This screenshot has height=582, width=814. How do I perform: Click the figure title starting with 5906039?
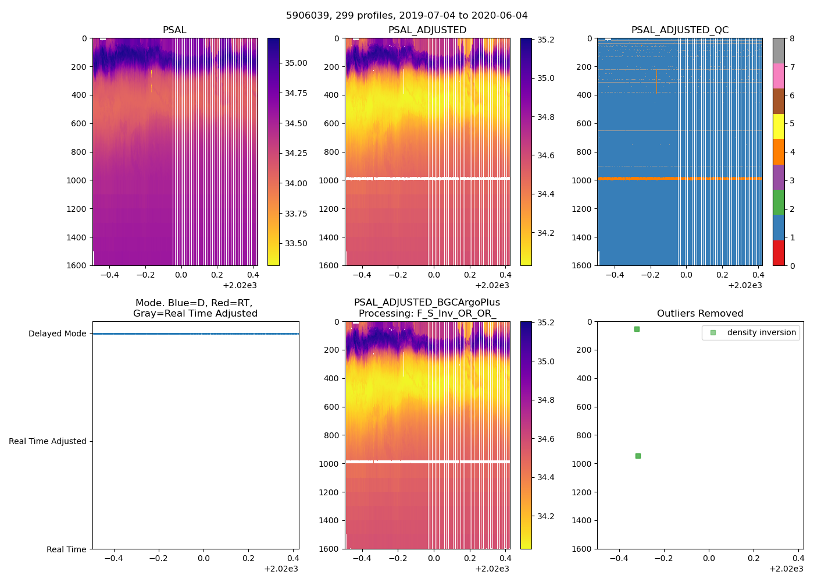click(406, 16)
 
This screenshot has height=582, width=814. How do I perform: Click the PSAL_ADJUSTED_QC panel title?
click(680, 30)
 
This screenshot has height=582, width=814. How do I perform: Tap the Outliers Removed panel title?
click(700, 314)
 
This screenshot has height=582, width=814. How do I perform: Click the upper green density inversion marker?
click(637, 329)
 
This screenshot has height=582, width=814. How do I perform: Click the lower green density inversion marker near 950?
click(638, 456)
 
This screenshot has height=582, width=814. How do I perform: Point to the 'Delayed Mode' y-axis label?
click(57, 333)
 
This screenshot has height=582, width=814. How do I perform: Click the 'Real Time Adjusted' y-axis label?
click(47, 441)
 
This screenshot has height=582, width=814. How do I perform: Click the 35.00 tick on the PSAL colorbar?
click(296, 63)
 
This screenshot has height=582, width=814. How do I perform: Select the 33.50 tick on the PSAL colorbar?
click(296, 243)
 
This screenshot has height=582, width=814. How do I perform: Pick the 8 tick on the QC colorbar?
click(792, 38)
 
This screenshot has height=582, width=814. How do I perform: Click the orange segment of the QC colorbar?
click(779, 152)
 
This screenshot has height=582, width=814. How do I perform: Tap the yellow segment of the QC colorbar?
click(779, 126)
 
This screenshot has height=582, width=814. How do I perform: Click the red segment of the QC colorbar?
click(779, 253)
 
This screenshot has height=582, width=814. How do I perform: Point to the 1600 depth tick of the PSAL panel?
click(77, 265)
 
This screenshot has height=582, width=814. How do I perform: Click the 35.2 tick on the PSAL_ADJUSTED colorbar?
click(546, 40)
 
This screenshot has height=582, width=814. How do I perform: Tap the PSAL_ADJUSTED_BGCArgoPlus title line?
click(427, 303)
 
